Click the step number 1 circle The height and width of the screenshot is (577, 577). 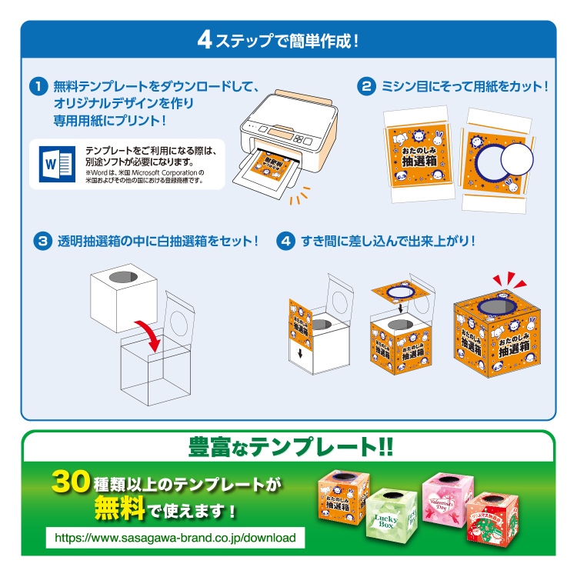39,86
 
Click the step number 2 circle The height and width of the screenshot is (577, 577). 367,86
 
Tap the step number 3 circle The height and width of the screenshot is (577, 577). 42,241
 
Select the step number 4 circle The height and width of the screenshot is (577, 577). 285,241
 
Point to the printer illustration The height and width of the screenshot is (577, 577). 288,138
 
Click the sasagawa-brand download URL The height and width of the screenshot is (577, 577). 175,537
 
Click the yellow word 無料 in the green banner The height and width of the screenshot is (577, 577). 118,510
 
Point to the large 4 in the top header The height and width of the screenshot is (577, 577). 205,39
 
